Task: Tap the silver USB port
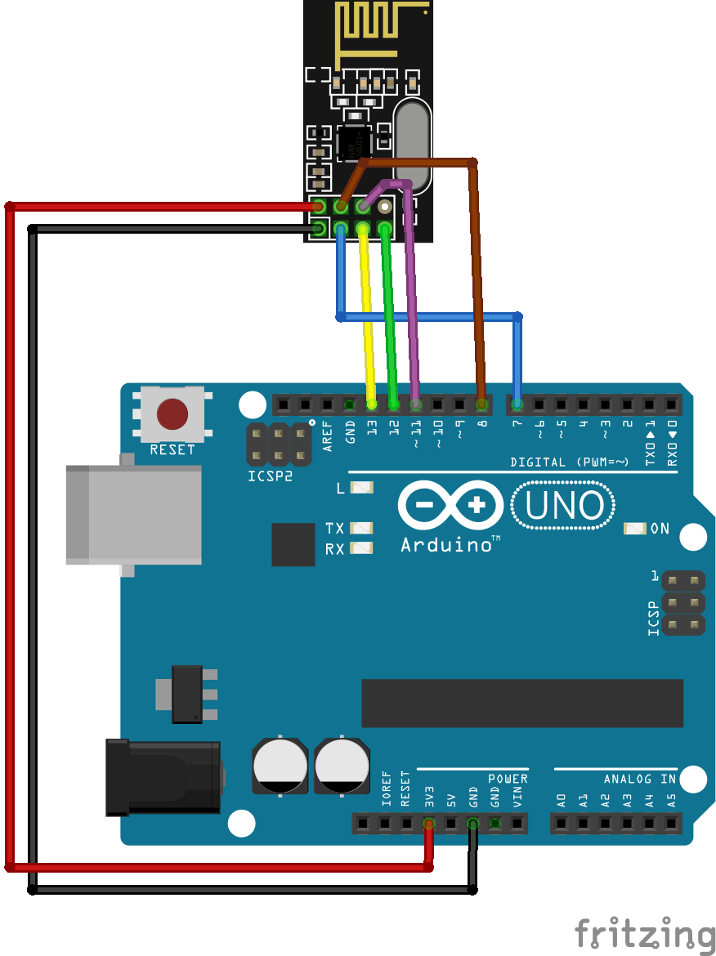coord(133,515)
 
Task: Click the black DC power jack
coord(163,777)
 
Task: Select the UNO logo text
coord(563,506)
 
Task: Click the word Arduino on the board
coord(445,544)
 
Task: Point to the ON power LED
coord(634,529)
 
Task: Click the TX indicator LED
coord(360,528)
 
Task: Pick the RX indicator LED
coord(360,548)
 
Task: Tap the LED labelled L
coord(360,488)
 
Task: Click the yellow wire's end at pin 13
coord(372,404)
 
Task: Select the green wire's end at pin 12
coord(394,404)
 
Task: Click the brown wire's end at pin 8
coord(482,404)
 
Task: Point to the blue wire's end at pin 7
coord(517,404)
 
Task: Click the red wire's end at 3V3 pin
coord(428,824)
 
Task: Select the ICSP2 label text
coord(270,476)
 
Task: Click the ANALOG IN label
coord(640,779)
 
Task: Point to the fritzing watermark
coord(643,934)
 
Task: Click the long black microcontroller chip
coord(522,703)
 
